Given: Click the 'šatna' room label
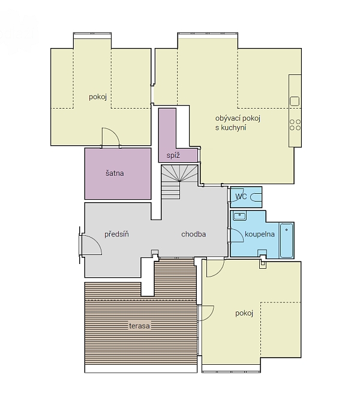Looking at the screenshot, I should click(x=115, y=173).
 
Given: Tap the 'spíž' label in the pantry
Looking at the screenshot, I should click(x=173, y=155).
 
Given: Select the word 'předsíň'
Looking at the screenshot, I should click(x=117, y=234).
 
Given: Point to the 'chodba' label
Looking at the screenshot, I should click(x=193, y=234).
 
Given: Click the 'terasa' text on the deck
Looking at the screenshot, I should click(x=139, y=326).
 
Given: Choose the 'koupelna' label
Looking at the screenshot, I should click(x=260, y=235).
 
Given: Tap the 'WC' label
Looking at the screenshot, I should click(x=241, y=196).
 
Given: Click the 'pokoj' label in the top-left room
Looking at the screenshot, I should click(x=98, y=97).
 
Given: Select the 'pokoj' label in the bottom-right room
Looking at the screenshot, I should click(x=244, y=313).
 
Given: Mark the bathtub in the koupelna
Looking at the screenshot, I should click(x=287, y=240).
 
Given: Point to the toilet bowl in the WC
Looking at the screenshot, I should click(x=257, y=196).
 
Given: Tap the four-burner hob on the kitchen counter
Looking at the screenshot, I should click(x=295, y=124).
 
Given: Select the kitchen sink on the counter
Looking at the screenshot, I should click(x=295, y=101).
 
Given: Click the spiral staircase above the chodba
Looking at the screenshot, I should click(x=174, y=180).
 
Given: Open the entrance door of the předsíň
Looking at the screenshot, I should click(x=88, y=245).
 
